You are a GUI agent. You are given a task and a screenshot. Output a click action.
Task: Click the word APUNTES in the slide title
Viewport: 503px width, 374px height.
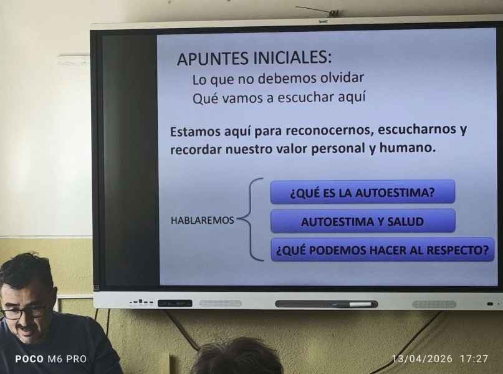[213, 59]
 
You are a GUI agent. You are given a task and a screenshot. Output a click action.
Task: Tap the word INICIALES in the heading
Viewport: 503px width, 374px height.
[292, 57]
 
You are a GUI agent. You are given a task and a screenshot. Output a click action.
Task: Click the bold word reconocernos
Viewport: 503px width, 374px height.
[330, 130]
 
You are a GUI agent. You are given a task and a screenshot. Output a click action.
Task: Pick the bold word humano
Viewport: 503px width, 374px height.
[408, 148]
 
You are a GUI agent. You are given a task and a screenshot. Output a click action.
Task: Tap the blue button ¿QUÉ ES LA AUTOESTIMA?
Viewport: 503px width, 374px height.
[363, 192]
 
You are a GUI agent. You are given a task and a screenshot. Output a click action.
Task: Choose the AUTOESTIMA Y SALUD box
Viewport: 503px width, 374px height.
[363, 221]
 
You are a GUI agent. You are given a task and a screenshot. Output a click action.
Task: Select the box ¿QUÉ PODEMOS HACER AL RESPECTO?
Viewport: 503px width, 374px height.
[382, 249]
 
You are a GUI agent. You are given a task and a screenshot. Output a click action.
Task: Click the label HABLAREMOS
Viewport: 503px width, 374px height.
[203, 221]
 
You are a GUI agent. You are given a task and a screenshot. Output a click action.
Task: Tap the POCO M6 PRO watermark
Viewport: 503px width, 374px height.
[51, 359]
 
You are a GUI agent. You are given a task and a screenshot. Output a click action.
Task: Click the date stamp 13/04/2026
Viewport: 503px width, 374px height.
[423, 358]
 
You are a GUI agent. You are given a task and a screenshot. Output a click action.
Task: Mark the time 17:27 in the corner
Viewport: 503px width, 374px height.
[474, 358]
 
